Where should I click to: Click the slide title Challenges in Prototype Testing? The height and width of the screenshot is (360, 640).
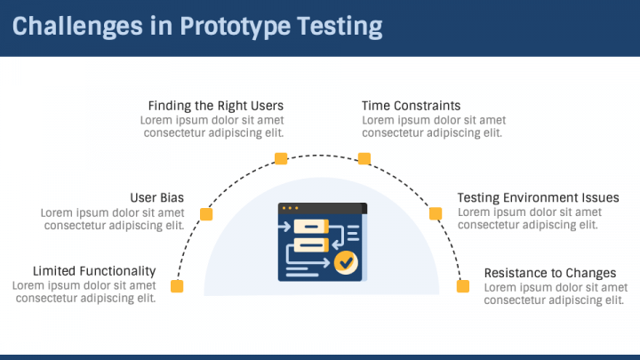(x=197, y=27)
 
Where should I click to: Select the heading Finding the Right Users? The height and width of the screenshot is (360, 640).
(x=216, y=106)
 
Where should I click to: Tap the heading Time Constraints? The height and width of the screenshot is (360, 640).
(x=411, y=106)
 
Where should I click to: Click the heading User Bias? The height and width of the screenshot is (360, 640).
(x=157, y=197)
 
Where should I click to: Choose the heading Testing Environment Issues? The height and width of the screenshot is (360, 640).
(x=538, y=197)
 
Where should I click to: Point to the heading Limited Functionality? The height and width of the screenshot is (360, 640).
(x=94, y=270)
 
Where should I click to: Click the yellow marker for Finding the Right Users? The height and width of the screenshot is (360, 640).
(x=281, y=159)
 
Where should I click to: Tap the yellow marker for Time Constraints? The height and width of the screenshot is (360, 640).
(x=364, y=159)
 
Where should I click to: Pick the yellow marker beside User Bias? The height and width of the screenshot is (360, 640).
(x=206, y=214)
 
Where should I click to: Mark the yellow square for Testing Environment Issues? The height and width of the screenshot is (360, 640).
(x=436, y=213)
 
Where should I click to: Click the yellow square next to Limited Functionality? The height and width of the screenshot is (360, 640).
(x=177, y=286)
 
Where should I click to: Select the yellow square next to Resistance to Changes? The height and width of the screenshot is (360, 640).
(x=462, y=286)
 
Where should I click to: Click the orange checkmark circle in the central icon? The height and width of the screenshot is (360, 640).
(x=344, y=261)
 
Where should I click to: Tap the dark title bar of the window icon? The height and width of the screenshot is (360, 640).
(x=322, y=208)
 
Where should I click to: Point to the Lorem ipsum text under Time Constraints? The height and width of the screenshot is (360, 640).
(x=433, y=126)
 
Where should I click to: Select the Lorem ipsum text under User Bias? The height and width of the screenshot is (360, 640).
(x=113, y=219)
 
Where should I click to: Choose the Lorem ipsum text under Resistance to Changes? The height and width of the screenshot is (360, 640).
(x=555, y=293)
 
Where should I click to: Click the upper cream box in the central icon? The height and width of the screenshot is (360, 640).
(x=311, y=227)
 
